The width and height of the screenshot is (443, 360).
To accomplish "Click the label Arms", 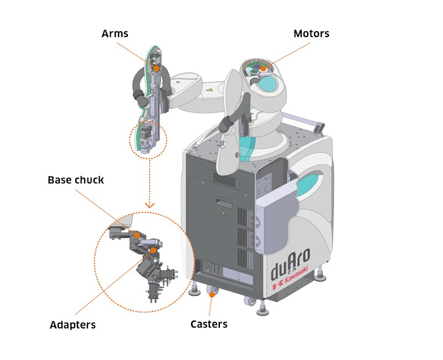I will point(115,34).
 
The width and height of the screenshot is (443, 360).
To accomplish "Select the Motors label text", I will point(311,34).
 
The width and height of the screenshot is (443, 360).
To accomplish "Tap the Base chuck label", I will point(75,180).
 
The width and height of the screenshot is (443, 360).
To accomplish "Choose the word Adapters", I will point(73,325).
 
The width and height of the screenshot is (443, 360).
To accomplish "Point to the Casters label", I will point(209,323).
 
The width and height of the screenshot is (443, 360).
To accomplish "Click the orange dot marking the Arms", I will point(157,68).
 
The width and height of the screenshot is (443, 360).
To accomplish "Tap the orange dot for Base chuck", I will point(137,235).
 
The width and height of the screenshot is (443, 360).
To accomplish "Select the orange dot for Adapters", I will point(153,250).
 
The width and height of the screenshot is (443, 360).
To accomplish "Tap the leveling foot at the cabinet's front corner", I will point(196,289).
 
